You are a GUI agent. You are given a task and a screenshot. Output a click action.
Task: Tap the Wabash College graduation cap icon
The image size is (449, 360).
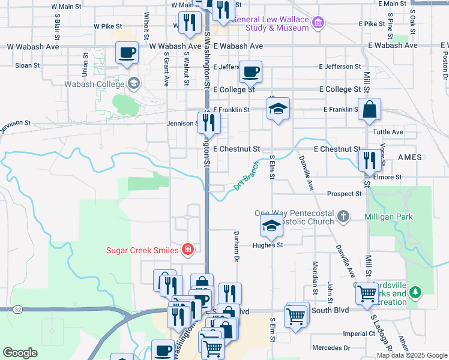tap(133, 83)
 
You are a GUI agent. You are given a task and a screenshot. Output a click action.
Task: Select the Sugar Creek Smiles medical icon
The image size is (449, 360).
tap(188, 250)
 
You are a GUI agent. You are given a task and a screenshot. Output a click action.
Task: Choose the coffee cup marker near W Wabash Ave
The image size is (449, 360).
tap(127, 53)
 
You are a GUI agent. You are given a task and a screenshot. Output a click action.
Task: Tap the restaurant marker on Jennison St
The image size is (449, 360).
tap(209, 122)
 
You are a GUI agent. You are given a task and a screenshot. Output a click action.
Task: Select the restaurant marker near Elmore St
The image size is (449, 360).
tap(368, 160)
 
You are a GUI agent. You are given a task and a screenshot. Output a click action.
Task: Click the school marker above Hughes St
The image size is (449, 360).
tap(271, 226)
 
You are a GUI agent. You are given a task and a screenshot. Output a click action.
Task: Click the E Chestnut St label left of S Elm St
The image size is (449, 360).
tap(236, 149)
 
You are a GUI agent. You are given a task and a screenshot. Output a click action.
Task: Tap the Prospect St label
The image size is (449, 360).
tap(345, 194)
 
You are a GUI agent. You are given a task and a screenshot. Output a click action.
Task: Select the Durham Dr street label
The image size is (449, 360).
tap(237, 247)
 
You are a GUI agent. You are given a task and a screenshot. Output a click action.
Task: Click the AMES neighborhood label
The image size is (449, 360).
tap(410, 157)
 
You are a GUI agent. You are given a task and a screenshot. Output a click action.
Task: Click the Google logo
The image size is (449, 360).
tap(20, 353)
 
